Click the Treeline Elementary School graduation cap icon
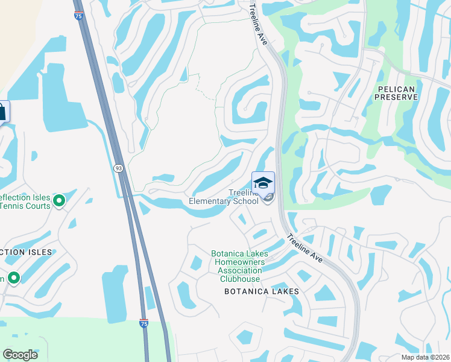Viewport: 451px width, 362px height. (263, 182)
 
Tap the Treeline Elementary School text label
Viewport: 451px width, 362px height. (224, 197)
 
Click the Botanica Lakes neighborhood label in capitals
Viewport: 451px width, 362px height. (262, 291)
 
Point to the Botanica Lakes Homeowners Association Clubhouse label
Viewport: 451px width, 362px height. (239, 266)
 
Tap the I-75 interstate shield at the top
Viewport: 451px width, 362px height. (79, 16)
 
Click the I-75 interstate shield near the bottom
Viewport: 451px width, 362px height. (143, 323)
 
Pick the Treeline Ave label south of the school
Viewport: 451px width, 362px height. (307, 248)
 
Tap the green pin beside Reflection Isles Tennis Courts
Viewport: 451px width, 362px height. (59, 200)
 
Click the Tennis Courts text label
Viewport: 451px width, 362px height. (24, 206)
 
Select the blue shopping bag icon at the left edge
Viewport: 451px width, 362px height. (3, 112)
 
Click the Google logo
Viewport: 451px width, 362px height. (20, 354)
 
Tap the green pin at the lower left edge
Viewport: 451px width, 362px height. (13, 278)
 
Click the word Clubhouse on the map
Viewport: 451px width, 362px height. (239, 279)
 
